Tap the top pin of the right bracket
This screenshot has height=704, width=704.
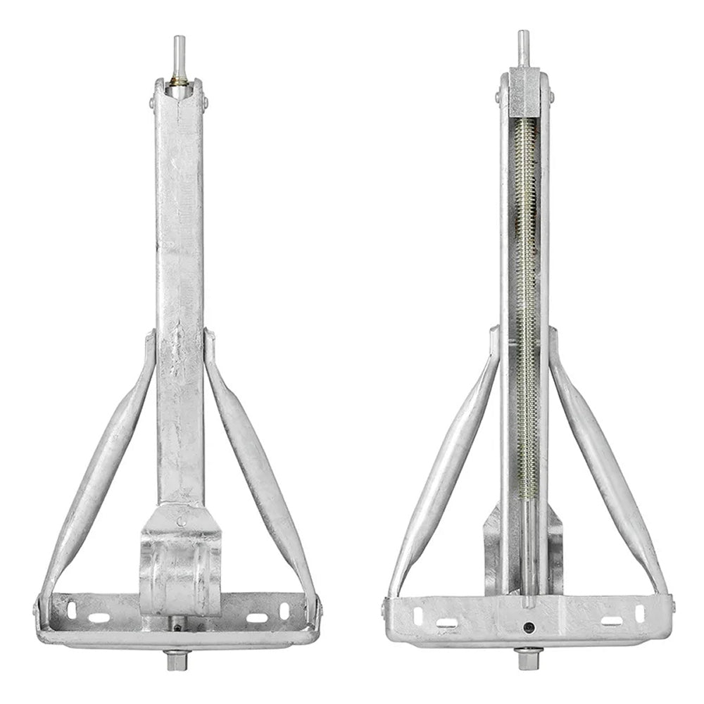tap(523, 48)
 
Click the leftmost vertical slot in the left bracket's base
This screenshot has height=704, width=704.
tap(71, 609)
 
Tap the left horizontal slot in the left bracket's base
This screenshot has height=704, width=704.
tap(99, 617)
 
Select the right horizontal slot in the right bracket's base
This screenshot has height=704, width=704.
tap(611, 622)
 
